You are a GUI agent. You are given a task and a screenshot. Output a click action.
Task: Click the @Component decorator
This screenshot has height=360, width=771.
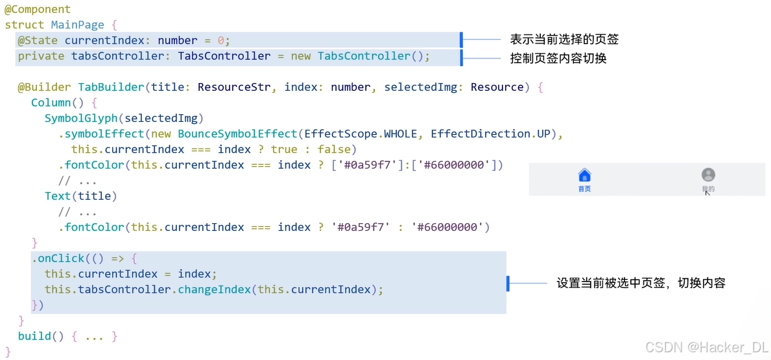pos(38,10)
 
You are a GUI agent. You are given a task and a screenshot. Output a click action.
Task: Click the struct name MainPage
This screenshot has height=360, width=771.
pos(77,25)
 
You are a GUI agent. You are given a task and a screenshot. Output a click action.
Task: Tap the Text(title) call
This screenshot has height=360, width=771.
pos(80,196)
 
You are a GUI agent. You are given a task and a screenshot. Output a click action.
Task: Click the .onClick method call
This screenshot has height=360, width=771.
pos(58,258)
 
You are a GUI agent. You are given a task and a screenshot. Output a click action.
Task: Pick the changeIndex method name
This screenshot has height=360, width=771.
pos(214,289)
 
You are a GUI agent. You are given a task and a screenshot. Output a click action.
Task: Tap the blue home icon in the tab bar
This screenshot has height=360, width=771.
pos(584,175)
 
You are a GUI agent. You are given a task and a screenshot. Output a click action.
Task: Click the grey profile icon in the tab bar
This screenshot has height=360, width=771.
pos(708,174)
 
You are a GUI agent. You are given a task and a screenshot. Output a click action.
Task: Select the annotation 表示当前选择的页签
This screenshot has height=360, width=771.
pos(564,40)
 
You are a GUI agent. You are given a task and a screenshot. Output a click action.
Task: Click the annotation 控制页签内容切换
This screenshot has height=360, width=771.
pos(558,58)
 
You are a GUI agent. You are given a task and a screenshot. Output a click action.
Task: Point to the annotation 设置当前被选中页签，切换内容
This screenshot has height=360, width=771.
pos(640,283)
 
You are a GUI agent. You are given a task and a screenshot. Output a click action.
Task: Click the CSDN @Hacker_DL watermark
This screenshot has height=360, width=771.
pos(716,347)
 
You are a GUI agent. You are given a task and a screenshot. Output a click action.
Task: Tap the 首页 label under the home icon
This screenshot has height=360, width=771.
pos(584,189)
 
